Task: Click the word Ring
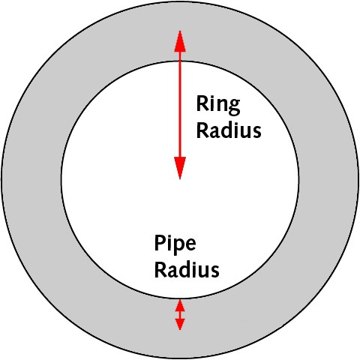click(x=218, y=105)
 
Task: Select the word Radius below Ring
click(x=229, y=130)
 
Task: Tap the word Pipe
click(x=175, y=244)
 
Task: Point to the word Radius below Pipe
click(x=187, y=269)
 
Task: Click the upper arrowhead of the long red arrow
click(x=180, y=41)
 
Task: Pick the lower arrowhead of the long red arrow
click(x=180, y=168)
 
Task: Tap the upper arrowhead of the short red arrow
click(x=180, y=305)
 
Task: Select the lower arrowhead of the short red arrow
click(x=180, y=324)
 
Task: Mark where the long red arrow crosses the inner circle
click(x=180, y=61)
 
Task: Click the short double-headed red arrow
click(x=180, y=315)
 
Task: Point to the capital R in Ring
click(x=202, y=103)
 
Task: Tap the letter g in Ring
click(x=234, y=108)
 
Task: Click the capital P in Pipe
click(x=160, y=242)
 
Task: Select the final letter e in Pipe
click(x=190, y=244)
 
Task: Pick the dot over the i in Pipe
click(x=169, y=236)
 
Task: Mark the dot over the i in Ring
click(x=212, y=97)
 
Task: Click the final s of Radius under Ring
click(x=257, y=133)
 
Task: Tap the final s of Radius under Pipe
click(x=215, y=272)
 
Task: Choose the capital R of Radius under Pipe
click(x=160, y=270)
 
